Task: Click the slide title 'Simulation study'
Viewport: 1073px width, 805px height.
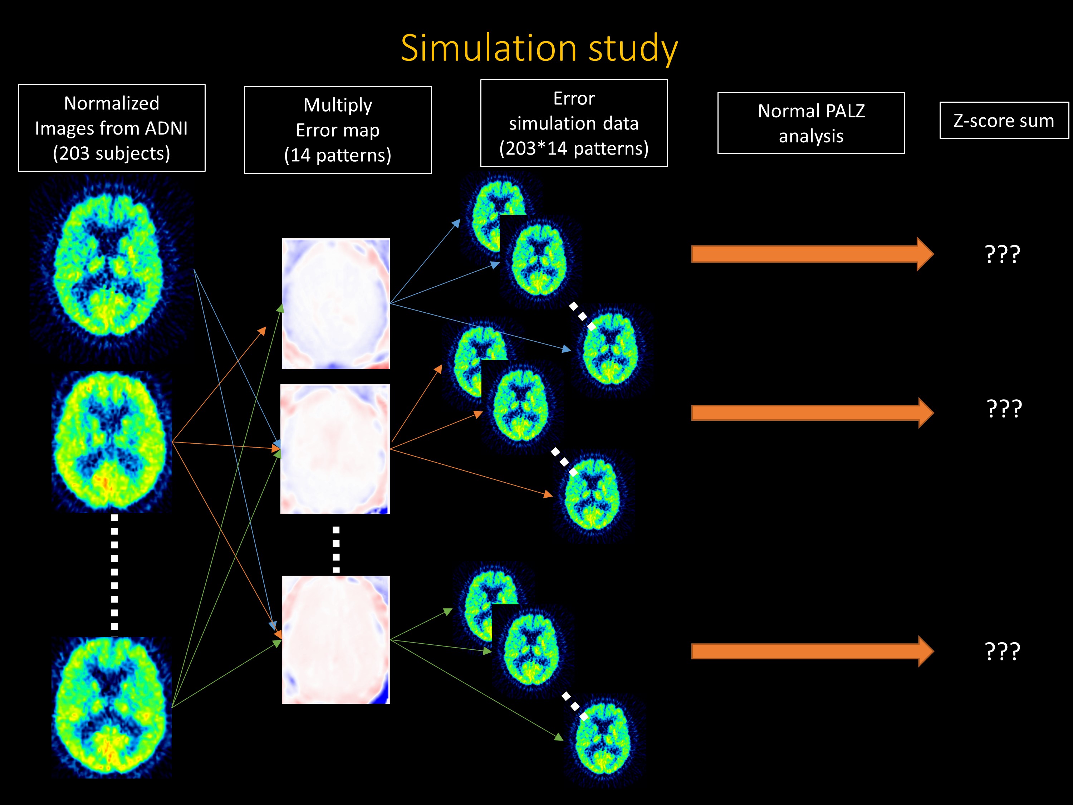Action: point(539,49)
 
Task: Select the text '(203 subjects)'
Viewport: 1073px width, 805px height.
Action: point(112,153)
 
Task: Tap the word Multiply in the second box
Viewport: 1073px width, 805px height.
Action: point(338,105)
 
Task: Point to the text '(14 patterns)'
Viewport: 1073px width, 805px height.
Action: point(338,155)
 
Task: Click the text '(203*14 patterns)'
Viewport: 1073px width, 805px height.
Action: point(574,148)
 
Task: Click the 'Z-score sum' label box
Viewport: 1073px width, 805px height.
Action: point(1004,120)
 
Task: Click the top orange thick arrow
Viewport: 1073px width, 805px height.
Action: point(813,254)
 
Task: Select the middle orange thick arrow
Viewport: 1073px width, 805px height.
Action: point(813,413)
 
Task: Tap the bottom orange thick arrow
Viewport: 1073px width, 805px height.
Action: point(813,651)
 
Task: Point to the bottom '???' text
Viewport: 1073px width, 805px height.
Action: point(1003,652)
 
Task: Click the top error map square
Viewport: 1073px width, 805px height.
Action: point(336,303)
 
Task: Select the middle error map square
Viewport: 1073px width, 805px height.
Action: point(335,449)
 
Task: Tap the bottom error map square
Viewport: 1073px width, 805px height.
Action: point(336,640)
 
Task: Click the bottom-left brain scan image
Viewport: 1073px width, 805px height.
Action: point(112,707)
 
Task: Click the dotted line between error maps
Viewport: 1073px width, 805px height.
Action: point(336,549)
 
